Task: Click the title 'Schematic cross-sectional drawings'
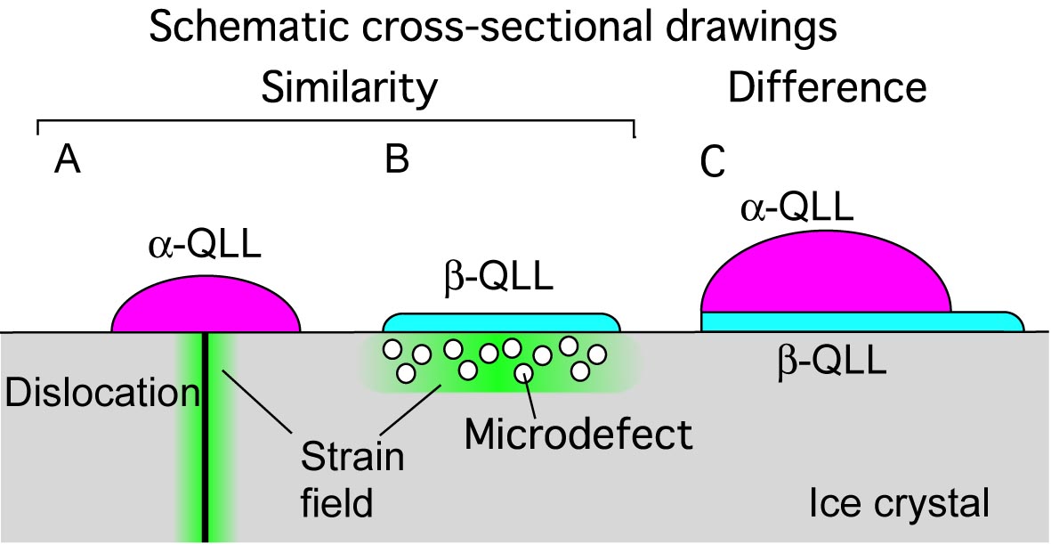(493, 28)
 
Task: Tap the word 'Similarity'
(349, 87)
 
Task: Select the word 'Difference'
(828, 87)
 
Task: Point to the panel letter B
(397, 160)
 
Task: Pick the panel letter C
(712, 163)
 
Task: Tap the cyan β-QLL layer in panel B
(500, 322)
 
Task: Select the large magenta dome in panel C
(823, 276)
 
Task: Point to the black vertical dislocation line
(206, 436)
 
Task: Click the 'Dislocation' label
(100, 393)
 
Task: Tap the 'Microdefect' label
(578, 435)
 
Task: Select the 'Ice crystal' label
(899, 504)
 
